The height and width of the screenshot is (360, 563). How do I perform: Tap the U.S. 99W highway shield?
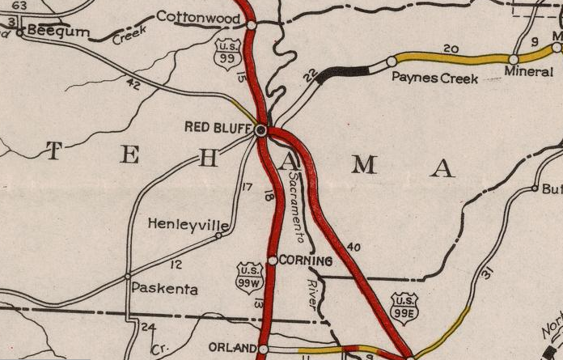click(249, 276)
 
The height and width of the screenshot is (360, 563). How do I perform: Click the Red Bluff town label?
click(218, 127)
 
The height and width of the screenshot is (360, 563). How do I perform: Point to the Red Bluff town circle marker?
click(260, 129)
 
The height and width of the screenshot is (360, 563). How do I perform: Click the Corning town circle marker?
click(273, 260)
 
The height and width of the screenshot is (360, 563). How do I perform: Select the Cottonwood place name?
click(198, 16)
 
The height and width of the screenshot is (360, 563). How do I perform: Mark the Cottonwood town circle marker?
click(252, 25)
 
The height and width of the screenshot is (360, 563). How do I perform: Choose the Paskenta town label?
click(164, 287)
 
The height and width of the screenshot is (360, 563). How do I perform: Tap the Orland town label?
click(232, 347)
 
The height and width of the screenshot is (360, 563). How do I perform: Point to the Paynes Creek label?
click(434, 78)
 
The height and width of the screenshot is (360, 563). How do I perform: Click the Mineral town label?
click(529, 71)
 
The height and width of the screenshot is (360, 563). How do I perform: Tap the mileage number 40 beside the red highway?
click(353, 247)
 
